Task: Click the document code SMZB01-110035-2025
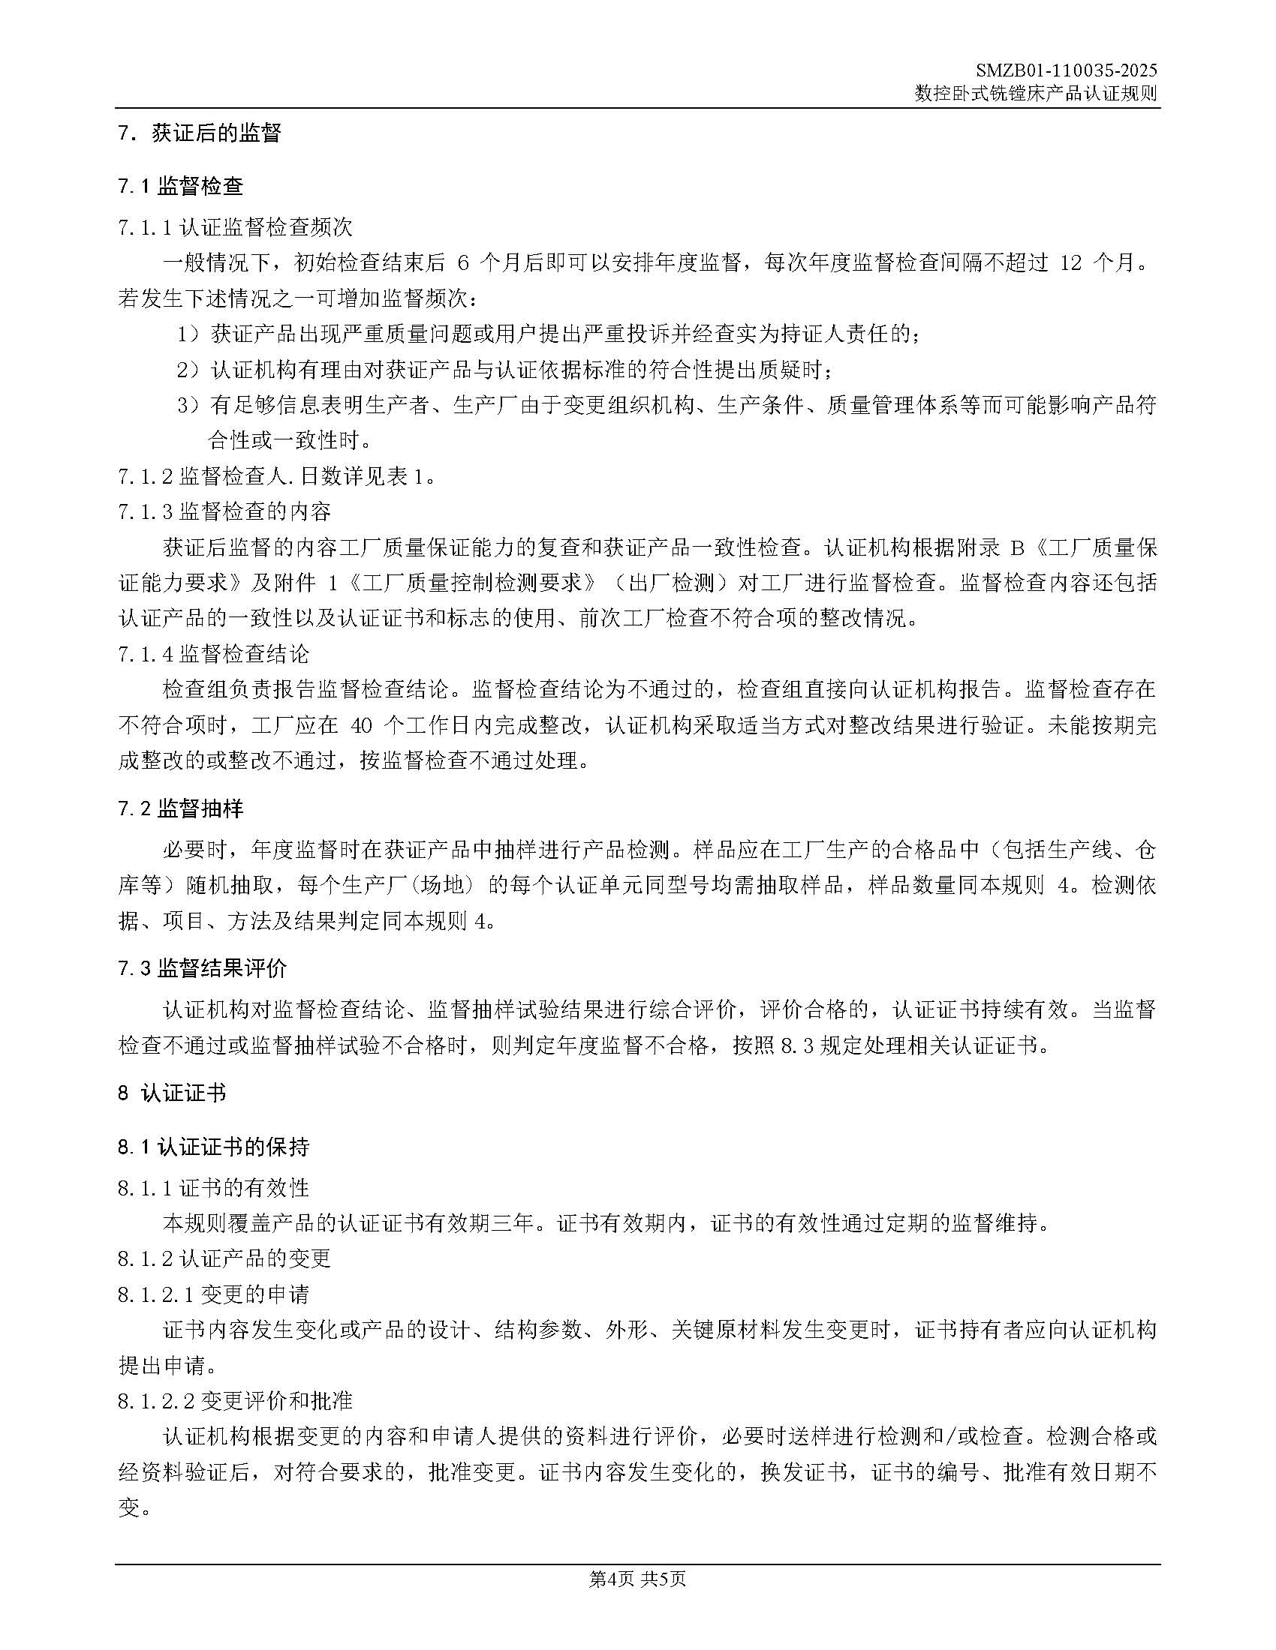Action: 1067,71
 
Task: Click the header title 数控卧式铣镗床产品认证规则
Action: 1036,94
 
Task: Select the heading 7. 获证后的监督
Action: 200,133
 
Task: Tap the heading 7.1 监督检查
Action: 181,187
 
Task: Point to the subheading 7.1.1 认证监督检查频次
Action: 235,227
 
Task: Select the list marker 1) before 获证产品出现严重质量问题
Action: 187,334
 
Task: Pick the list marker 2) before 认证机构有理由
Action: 187,370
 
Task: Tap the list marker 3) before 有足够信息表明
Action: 187,406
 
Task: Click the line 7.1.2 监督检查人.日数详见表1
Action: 277,477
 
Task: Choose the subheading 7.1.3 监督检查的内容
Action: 224,512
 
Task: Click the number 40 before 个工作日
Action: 362,726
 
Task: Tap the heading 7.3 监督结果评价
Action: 203,968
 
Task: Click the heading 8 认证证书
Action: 172,1093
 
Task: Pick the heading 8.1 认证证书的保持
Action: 213,1147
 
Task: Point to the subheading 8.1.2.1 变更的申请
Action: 213,1295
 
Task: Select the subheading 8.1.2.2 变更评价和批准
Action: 235,1402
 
